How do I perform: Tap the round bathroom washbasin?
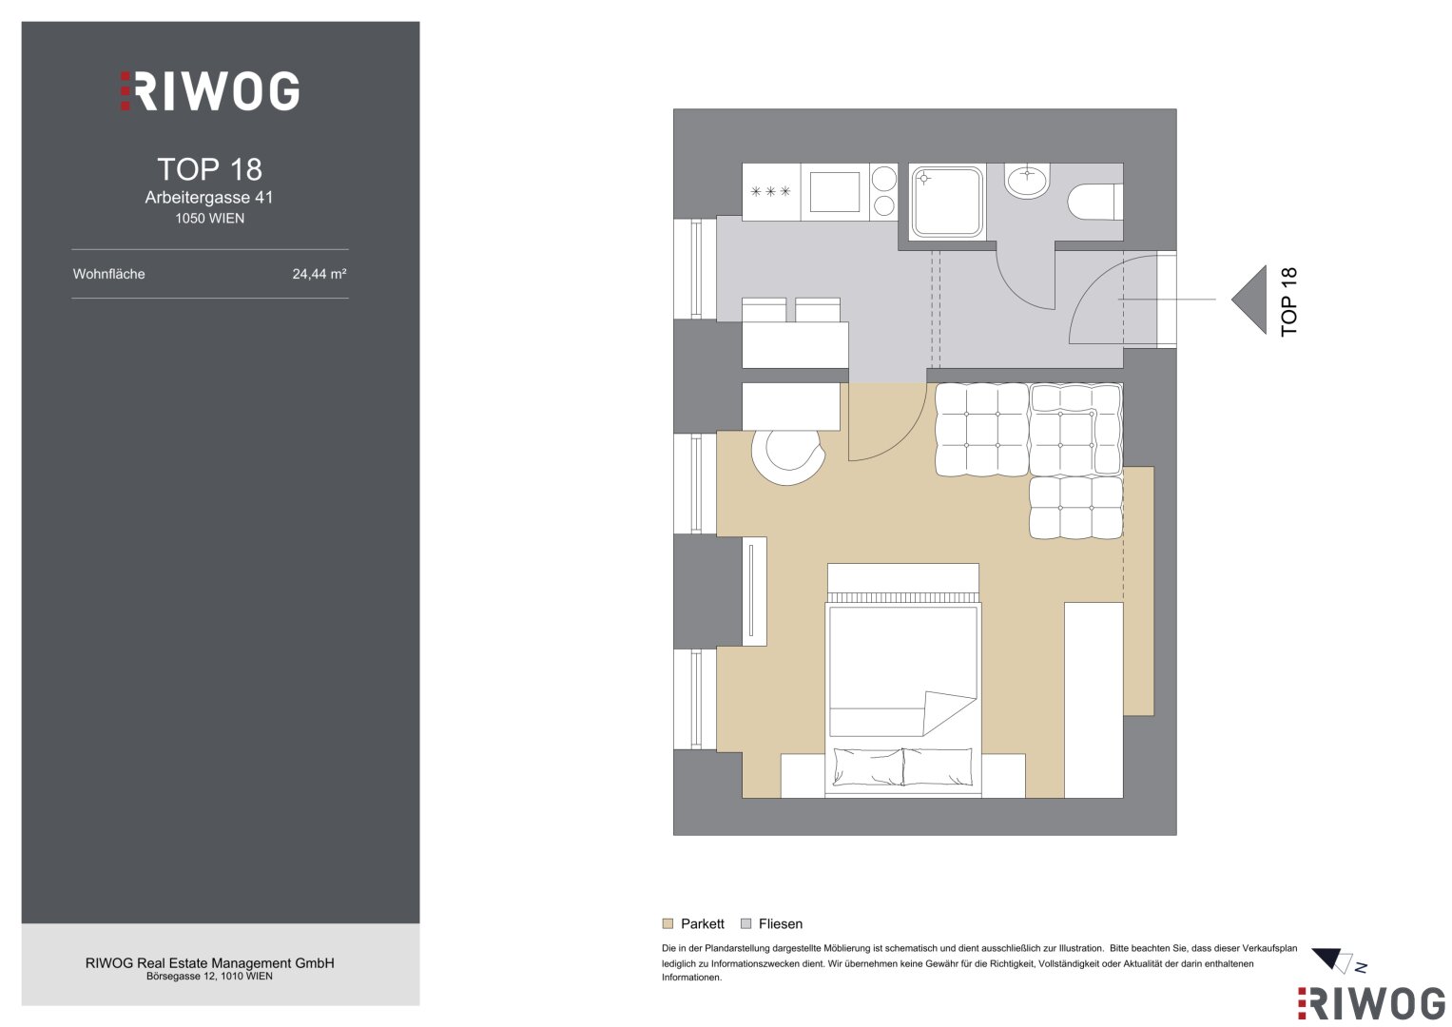coord(1027,181)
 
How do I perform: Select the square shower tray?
coord(947,202)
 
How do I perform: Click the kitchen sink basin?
coord(834,192)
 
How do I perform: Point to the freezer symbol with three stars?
coord(771,191)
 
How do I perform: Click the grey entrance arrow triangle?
coord(1249,300)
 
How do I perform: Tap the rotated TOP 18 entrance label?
coord(1288,301)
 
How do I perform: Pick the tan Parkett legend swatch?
coord(668,924)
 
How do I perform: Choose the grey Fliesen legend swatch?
coord(746,924)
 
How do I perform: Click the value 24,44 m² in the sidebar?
coord(319,274)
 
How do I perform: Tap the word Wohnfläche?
coord(109,274)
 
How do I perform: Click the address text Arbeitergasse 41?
coord(209,198)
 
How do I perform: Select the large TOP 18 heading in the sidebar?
coord(209,170)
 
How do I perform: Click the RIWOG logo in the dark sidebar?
coord(209,90)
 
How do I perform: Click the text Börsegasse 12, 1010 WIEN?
coord(209,977)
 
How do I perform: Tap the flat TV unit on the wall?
coord(754,591)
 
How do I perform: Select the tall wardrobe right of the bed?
coord(1094,700)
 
